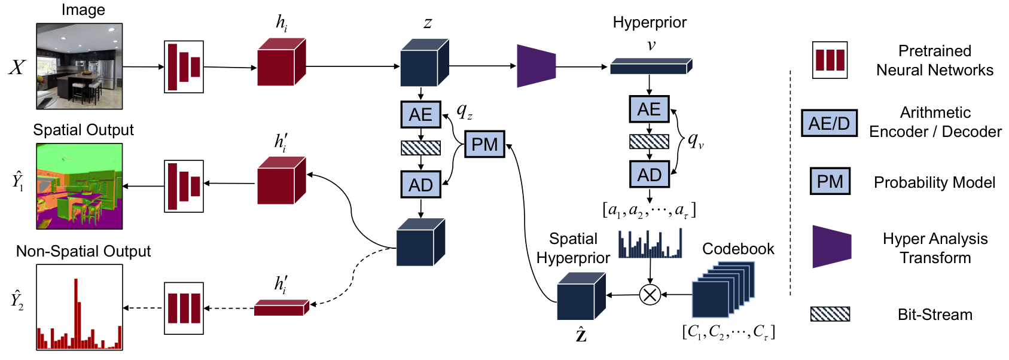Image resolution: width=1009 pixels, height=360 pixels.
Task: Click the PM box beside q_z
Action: coord(484,144)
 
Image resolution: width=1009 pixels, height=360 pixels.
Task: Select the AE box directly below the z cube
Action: coord(420,114)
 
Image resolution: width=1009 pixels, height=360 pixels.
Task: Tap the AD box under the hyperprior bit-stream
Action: coord(649,175)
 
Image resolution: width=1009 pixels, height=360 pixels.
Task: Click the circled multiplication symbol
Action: coord(650,295)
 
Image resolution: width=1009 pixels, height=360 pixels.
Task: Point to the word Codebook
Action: coord(738,249)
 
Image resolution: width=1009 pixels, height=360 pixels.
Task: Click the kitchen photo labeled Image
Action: coord(80,66)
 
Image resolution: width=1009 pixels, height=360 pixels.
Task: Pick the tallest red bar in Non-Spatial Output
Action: coord(76,313)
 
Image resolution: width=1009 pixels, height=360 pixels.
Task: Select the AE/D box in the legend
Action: coord(829,123)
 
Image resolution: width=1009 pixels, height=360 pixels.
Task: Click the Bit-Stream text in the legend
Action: coord(935,315)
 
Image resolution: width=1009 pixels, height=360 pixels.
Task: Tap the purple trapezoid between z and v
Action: coord(536,66)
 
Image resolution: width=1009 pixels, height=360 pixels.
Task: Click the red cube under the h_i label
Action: coord(282,62)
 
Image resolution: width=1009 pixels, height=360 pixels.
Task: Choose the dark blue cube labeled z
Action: coord(424,63)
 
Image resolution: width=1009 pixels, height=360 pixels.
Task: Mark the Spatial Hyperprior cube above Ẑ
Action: coord(581,296)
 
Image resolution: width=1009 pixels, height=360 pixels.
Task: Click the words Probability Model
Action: coord(934,182)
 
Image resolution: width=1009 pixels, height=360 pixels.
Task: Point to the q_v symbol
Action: coord(696,141)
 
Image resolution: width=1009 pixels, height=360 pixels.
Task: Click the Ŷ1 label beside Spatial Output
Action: coord(18,181)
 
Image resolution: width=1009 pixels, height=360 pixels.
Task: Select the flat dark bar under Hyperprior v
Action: coord(651,66)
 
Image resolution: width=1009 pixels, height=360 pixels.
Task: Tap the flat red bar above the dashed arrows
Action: coord(282,307)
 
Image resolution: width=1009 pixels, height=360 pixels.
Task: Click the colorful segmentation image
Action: coord(80,186)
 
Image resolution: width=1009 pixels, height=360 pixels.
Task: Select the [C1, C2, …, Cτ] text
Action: coord(728,332)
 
